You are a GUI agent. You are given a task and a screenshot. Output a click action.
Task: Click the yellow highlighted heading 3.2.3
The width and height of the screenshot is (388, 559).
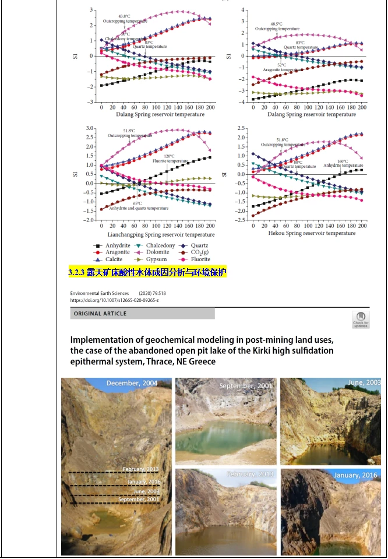click(147, 272)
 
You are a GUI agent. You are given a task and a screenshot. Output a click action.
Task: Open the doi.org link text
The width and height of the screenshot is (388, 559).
click(114, 301)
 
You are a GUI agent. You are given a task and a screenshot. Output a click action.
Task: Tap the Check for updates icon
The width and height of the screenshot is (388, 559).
click(360, 319)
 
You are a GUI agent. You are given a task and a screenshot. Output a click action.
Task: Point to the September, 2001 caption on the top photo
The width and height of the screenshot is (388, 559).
click(245, 385)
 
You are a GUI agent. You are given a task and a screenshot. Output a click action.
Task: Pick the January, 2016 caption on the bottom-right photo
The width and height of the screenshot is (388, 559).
click(355, 475)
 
